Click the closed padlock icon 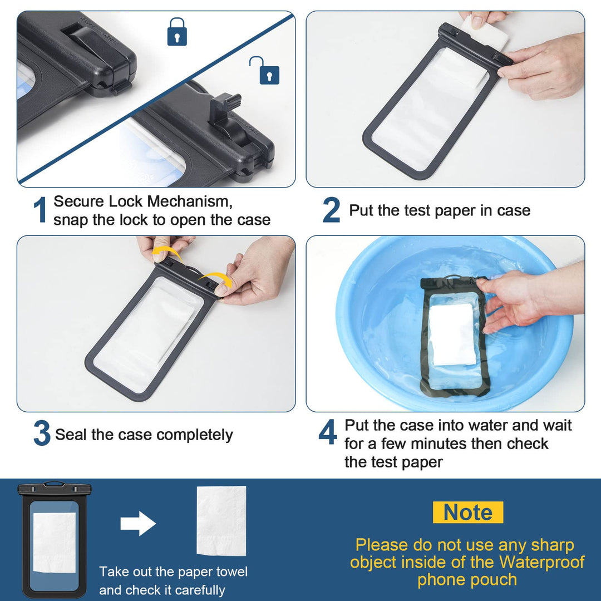click(x=177, y=32)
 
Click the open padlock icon click(x=265, y=70)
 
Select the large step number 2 click(x=331, y=210)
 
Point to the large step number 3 click(x=42, y=433)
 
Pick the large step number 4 click(x=328, y=432)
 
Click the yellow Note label click(x=467, y=512)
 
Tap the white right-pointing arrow click(x=138, y=523)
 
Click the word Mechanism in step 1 click(x=189, y=201)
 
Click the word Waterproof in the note click(x=541, y=562)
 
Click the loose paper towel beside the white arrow click(x=221, y=521)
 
